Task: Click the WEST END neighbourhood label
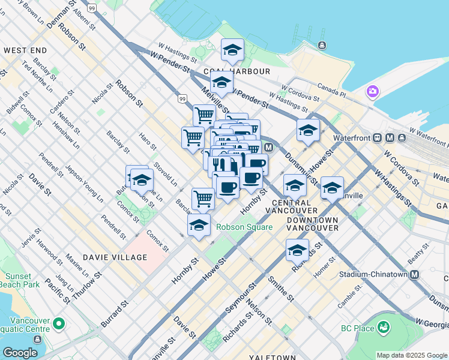(x=25, y=50)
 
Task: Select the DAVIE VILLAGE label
(x=115, y=257)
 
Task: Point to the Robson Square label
(x=244, y=227)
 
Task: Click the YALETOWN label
(x=272, y=356)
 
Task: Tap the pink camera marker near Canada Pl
(x=373, y=92)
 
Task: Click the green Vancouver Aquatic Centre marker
(x=59, y=324)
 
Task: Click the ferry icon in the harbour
(x=322, y=45)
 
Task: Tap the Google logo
(x=20, y=353)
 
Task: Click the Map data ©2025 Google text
(x=412, y=355)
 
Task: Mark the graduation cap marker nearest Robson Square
(x=199, y=226)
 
